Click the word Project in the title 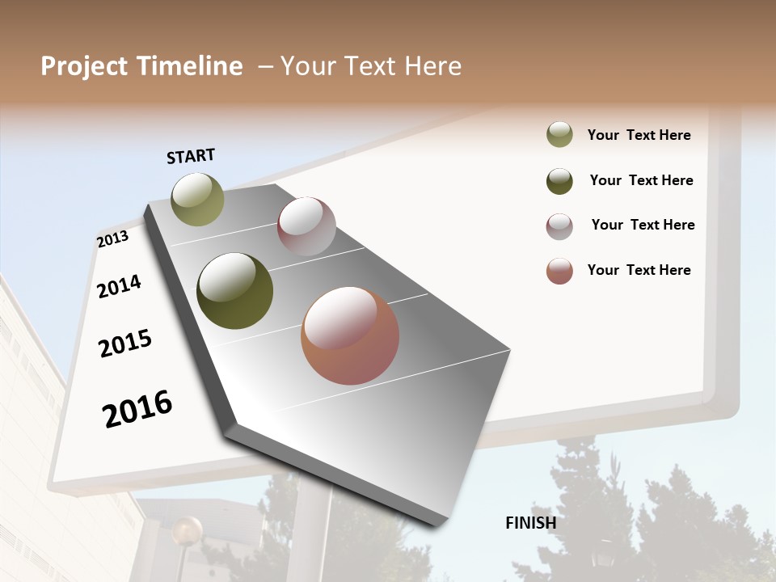coord(80,66)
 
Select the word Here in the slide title coord(432,66)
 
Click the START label coord(191,156)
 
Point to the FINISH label coord(530,523)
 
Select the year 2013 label coord(112,238)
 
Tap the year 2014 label coord(119,286)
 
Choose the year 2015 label coord(125,344)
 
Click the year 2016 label coord(137,409)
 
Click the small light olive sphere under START coord(197,199)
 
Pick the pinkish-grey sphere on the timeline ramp coord(306,226)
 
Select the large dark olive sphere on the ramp coord(234,291)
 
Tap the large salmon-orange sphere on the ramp coord(350,335)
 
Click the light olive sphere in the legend coord(559,135)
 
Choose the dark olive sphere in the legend coord(559,181)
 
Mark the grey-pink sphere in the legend coord(559,226)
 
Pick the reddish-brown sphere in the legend coord(559,271)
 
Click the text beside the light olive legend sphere coord(639,136)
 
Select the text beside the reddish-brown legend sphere coord(639,270)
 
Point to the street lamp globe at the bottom coord(187,531)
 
